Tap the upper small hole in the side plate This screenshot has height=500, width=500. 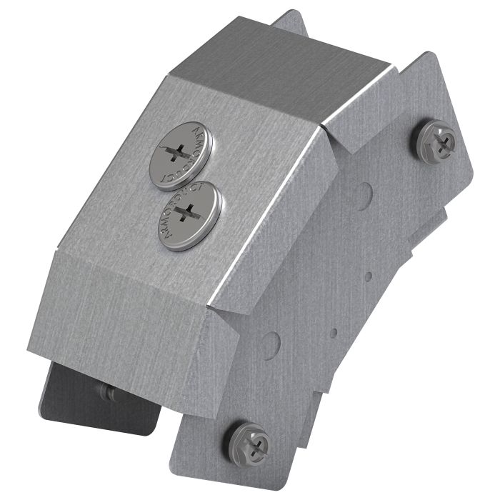(x=369, y=276)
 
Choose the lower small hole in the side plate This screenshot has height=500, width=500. (x=334, y=332)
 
